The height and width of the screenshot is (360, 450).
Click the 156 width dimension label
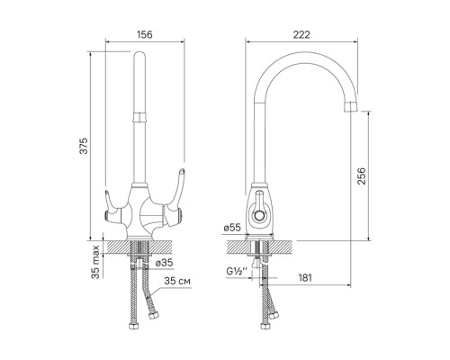(145, 35)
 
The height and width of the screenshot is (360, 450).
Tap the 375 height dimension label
(85, 146)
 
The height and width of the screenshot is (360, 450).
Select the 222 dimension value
(301, 35)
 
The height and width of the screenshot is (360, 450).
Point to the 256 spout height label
(362, 175)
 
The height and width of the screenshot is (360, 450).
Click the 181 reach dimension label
(305, 277)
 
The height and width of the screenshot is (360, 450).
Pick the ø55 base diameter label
(232, 228)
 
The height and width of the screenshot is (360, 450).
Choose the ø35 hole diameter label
(165, 263)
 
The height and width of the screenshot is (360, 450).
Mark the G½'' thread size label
(237, 272)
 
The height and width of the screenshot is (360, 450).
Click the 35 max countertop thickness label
(95, 262)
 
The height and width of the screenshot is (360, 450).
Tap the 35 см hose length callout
(177, 281)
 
